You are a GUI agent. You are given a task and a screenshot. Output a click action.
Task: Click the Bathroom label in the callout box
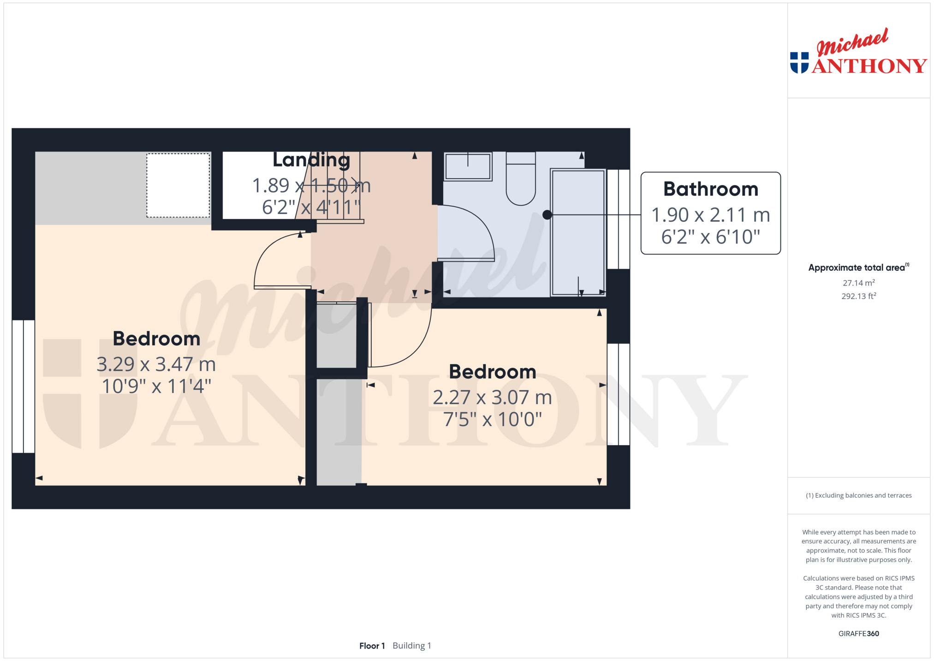coord(710,189)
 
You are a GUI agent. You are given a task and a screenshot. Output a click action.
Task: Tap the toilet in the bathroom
coord(521,179)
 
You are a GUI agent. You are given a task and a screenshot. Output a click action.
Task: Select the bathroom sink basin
coord(468,167)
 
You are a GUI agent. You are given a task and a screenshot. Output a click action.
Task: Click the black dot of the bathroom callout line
coord(547,214)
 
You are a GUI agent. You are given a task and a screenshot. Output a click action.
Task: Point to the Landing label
coord(311,160)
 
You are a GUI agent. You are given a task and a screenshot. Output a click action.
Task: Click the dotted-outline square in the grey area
coord(178,185)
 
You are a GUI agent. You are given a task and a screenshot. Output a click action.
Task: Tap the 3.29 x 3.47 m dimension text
coord(156,364)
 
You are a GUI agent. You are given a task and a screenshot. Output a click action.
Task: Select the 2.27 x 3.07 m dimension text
coord(492,398)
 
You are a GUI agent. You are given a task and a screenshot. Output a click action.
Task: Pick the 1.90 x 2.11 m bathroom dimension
coord(710,215)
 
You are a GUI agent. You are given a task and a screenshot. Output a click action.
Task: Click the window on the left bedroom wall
coord(23,387)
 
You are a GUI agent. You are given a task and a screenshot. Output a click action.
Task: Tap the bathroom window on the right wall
coord(618,219)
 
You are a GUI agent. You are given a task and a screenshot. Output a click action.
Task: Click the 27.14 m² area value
coord(858,283)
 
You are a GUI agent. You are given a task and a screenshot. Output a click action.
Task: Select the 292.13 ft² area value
coord(858,296)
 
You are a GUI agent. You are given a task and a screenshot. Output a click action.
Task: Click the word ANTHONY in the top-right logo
coord(869,66)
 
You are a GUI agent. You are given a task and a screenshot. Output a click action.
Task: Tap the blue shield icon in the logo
coord(799,63)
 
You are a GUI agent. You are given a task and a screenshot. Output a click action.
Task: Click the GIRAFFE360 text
coord(858,633)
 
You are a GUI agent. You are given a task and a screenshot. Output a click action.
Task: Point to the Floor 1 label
coord(372,646)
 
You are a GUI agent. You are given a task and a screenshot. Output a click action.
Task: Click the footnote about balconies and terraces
coord(858,495)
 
